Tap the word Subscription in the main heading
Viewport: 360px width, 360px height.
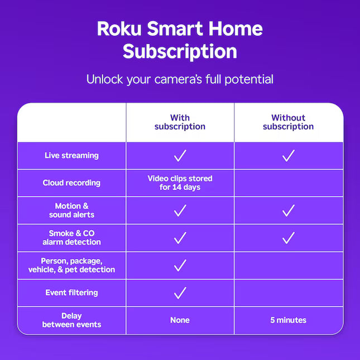[x=180, y=51]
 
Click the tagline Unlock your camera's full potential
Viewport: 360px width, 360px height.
[x=180, y=79]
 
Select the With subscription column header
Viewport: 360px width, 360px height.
[x=180, y=122]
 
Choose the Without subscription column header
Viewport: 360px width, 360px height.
[x=288, y=122]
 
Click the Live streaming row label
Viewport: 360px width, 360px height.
[x=71, y=156]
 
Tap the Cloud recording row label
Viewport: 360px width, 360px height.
[x=71, y=183]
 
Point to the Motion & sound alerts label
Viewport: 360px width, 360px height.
[x=71, y=210]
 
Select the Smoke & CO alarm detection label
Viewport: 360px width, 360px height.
[x=71, y=238]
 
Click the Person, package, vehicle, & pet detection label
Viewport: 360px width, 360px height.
[x=71, y=265]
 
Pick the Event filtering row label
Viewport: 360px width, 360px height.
[x=71, y=292]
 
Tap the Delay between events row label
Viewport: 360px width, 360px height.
[x=71, y=320]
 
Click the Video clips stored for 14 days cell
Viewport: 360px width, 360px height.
[x=180, y=183]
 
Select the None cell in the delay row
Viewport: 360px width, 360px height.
[x=180, y=320]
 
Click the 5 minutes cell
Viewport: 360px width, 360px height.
[x=288, y=320]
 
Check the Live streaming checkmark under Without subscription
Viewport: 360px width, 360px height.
[x=288, y=156]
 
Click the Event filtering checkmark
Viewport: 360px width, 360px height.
[x=180, y=292]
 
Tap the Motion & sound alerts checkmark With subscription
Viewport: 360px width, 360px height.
[x=180, y=210]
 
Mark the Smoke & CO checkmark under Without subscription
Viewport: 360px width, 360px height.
[x=288, y=238]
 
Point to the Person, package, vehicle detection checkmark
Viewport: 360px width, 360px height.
[x=180, y=265]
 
